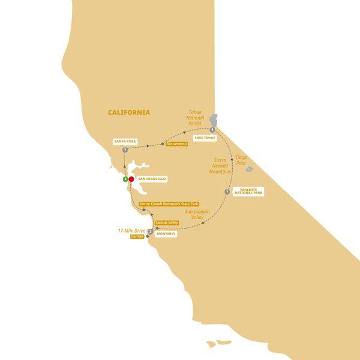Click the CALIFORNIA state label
coord(128,112)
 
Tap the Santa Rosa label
coord(124,142)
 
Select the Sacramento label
coord(176,144)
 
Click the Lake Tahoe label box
coord(204,138)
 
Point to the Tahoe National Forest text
coord(196,118)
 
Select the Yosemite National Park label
coord(248,192)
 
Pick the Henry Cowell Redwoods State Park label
coord(169,204)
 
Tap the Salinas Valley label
coord(166,223)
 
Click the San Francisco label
coord(152,179)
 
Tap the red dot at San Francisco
coord(131,179)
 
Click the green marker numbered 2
coord(125,179)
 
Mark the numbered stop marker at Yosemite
coord(227,192)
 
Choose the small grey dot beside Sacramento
coord(163,144)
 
